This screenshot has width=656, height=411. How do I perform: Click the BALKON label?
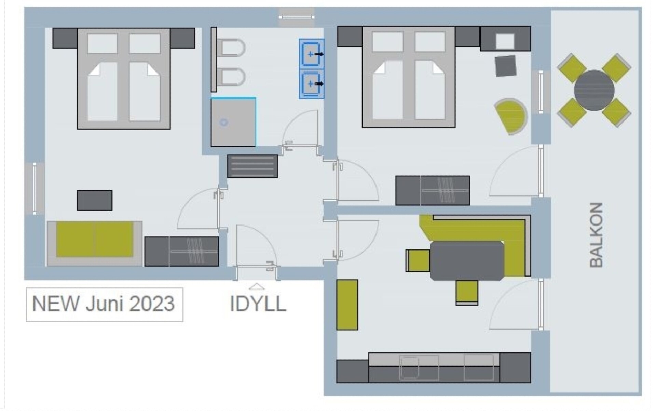coord(597,235)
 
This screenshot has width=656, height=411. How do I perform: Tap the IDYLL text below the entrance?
coord(258,304)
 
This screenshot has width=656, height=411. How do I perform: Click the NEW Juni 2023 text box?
coord(105,305)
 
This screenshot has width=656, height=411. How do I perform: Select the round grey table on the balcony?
coord(594,90)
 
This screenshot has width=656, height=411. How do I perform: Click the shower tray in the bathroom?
coord(233,122)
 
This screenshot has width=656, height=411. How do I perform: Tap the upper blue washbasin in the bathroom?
coord(311,54)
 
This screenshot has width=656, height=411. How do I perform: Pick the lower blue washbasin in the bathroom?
coord(311,84)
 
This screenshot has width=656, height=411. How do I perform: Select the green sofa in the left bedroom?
coord(95,239)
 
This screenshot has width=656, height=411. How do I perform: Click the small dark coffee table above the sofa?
coord(95,201)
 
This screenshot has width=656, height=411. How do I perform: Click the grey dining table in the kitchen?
coord(467,261)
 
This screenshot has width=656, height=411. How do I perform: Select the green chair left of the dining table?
coord(418,260)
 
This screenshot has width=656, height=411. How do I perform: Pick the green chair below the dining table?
coord(467,293)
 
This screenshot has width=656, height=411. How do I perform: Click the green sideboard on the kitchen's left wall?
coord(347,305)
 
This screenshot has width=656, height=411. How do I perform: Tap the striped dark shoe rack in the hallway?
coord(252,166)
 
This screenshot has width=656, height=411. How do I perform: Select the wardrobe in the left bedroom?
coord(181,252)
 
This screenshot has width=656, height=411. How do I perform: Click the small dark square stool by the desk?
coord(506,66)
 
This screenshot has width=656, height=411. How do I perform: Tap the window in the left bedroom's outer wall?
coord(35,189)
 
